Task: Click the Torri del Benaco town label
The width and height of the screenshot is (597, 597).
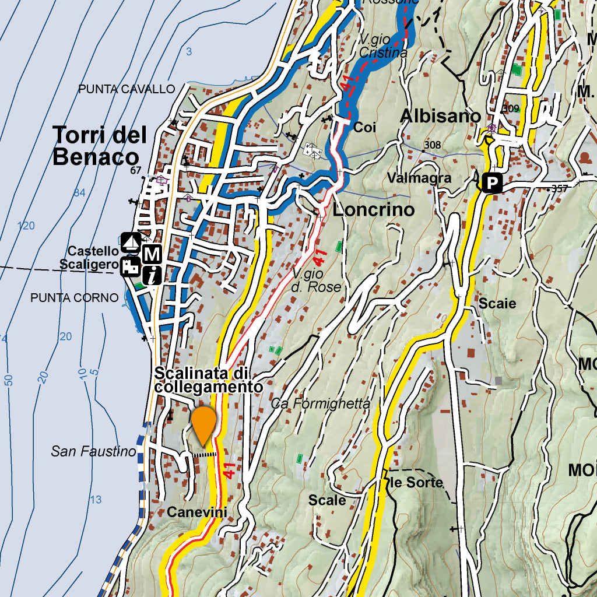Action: [x=99, y=146]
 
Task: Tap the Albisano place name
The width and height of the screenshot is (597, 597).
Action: [x=440, y=117]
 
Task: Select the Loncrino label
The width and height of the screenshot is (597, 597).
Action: [x=373, y=210]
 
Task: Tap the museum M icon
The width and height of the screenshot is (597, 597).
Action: [x=152, y=254]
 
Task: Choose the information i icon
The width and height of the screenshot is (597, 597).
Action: [x=152, y=275]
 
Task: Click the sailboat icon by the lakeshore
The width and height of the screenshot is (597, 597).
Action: [x=131, y=241]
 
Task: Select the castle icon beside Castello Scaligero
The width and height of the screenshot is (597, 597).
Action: [x=131, y=267]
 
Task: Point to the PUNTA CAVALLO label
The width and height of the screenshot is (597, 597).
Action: [x=127, y=89]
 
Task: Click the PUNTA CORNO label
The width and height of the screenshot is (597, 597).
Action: [x=74, y=298]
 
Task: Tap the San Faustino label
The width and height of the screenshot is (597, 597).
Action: [x=93, y=451]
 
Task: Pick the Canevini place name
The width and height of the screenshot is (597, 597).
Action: [x=196, y=512]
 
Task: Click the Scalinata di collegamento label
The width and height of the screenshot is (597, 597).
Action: [x=209, y=380]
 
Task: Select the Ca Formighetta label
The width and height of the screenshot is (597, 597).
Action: [x=321, y=403]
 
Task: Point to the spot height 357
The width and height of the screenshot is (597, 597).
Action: [x=559, y=188]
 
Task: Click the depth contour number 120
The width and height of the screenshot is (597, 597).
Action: [x=26, y=226]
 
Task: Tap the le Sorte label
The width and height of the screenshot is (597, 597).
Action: [x=416, y=483]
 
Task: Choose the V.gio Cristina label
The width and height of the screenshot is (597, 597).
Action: [x=382, y=47]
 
